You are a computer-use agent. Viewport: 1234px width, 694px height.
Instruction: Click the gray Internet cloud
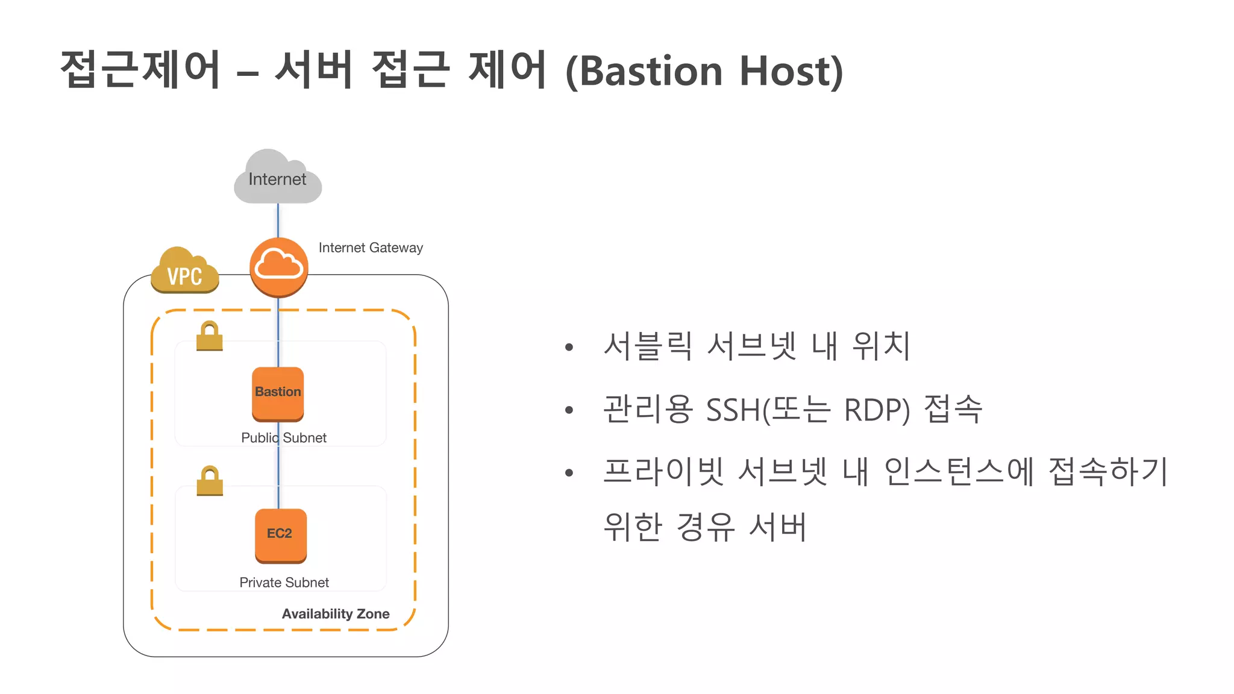[x=277, y=178]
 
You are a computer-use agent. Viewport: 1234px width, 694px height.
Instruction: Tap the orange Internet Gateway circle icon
[x=279, y=267]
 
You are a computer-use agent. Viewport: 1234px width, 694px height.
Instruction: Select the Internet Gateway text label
[x=370, y=248]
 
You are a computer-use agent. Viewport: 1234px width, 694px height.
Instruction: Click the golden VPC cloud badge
[x=184, y=272]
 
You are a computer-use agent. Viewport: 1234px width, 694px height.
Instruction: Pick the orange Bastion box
[x=278, y=393]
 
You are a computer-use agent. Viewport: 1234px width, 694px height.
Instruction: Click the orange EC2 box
[x=280, y=535]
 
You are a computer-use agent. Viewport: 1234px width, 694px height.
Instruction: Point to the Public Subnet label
[x=284, y=438]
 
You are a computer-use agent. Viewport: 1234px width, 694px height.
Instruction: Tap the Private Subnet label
[x=284, y=583]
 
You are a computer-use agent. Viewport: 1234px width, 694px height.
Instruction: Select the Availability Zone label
[x=336, y=614]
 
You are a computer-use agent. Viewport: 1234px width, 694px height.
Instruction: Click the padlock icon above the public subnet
[x=210, y=336]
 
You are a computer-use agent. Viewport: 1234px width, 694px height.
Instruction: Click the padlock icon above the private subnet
[x=210, y=481]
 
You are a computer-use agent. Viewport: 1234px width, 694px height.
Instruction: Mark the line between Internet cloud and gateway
[x=278, y=220]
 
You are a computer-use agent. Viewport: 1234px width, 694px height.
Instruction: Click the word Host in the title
[x=791, y=71]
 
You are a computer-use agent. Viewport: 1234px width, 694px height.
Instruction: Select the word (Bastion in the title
[x=644, y=71]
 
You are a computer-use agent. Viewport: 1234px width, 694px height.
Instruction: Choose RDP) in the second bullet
[x=877, y=410]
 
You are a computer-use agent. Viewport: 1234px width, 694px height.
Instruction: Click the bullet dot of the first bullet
[x=569, y=347]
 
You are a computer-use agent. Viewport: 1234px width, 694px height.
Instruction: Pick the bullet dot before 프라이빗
[x=569, y=473]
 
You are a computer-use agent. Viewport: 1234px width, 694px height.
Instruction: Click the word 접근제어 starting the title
[x=141, y=69]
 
